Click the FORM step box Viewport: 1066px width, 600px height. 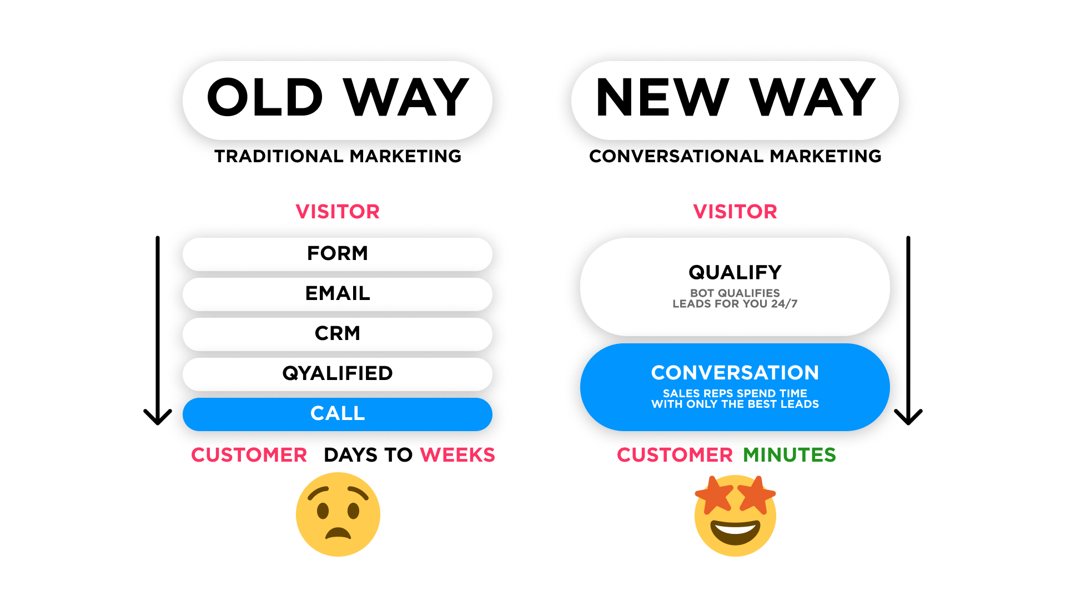[x=338, y=254]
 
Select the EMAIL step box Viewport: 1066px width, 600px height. [x=338, y=294]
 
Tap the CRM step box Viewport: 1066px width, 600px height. [x=338, y=334]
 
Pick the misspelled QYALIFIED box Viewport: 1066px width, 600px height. [x=338, y=374]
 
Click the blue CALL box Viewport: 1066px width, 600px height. [x=338, y=414]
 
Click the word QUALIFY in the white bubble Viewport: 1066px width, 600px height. [x=735, y=272]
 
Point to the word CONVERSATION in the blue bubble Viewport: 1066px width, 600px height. [x=735, y=373]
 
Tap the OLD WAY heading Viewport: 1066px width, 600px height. [x=338, y=98]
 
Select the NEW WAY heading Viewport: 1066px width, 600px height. [x=735, y=98]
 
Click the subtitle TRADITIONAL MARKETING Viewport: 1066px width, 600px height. [x=338, y=157]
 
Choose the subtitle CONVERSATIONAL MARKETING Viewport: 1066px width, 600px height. [x=735, y=157]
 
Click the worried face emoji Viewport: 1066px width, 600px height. [x=338, y=514]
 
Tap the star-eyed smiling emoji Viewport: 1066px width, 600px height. [x=735, y=515]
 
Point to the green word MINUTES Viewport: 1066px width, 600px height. [x=789, y=455]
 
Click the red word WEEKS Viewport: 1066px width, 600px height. [x=457, y=455]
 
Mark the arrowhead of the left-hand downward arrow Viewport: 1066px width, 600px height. [x=158, y=418]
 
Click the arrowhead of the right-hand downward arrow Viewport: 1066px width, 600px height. [x=908, y=418]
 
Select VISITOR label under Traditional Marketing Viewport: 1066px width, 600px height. [x=338, y=212]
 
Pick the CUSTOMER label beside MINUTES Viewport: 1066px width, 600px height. [x=675, y=455]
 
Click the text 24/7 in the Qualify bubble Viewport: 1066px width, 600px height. [x=784, y=304]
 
